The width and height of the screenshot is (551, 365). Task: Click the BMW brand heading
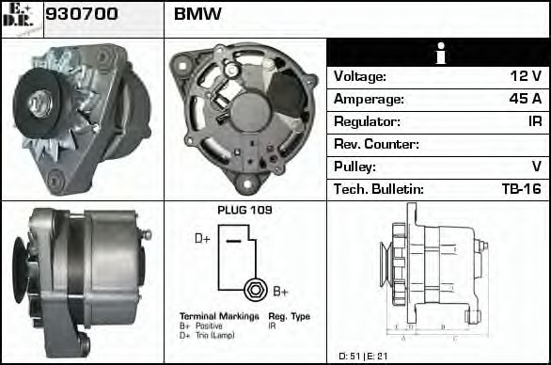click(x=198, y=16)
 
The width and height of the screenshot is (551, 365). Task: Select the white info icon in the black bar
click(x=437, y=54)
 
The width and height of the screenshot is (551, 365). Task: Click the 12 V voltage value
click(x=524, y=76)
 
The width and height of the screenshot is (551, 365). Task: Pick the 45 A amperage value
click(x=523, y=99)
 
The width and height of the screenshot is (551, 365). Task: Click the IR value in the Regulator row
click(x=533, y=121)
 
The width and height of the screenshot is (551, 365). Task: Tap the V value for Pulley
click(x=536, y=167)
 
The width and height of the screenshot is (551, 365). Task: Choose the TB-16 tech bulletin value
click(x=521, y=189)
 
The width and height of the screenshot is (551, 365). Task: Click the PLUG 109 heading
click(x=244, y=211)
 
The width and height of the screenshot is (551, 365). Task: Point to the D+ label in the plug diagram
click(x=202, y=239)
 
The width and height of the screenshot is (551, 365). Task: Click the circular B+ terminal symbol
click(x=252, y=288)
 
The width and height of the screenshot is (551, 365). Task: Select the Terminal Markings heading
click(x=219, y=316)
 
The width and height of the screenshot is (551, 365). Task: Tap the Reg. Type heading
click(x=289, y=316)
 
